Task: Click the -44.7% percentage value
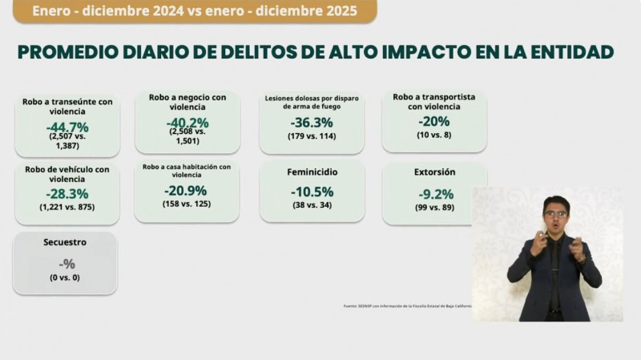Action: (67, 127)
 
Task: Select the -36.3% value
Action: (311, 123)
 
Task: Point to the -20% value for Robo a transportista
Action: (433, 121)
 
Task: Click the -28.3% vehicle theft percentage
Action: (67, 193)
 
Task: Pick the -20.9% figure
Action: (186, 191)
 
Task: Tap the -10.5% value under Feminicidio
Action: (311, 192)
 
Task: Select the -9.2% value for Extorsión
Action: (435, 193)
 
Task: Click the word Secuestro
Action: (65, 241)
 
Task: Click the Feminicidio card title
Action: (312, 172)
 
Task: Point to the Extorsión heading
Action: (435, 172)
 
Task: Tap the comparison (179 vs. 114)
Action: (312, 137)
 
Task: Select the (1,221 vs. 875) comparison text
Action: (67, 207)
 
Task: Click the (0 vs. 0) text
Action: (66, 277)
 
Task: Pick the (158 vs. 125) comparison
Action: (186, 205)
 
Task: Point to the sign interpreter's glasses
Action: (554, 214)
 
